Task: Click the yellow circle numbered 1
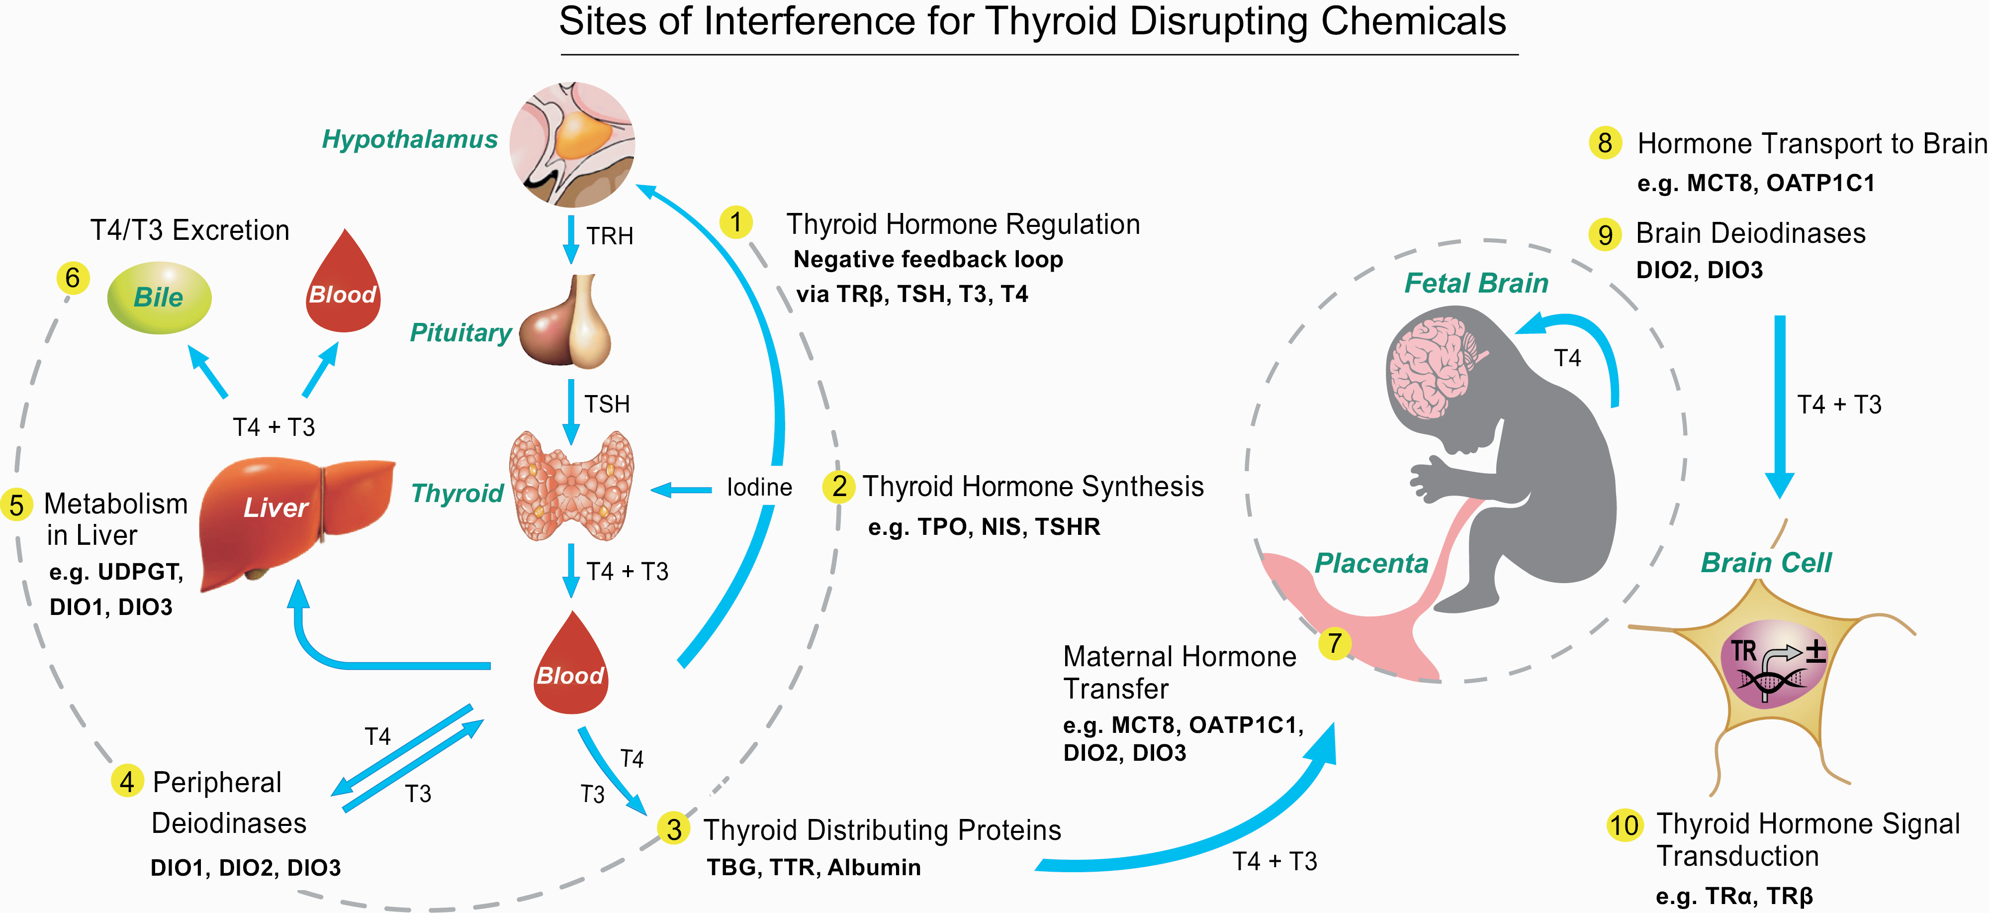[736, 222]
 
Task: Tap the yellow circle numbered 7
[1334, 643]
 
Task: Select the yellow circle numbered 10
[1624, 825]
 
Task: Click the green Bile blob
[159, 298]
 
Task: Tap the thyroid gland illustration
[571, 487]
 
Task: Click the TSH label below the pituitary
[607, 404]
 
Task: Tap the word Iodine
[759, 488]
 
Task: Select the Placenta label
[1371, 563]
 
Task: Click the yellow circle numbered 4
[127, 782]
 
